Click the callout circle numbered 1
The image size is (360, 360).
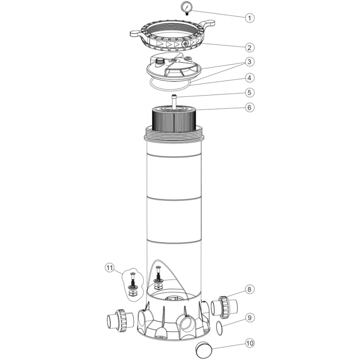pyautogui.click(x=250, y=18)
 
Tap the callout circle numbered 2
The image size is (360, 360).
pyautogui.click(x=250, y=47)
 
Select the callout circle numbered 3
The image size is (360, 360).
pyautogui.click(x=250, y=62)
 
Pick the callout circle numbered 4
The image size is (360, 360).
pyautogui.click(x=250, y=77)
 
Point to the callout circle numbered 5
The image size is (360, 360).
pyautogui.click(x=250, y=93)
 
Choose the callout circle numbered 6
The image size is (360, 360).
pyautogui.click(x=250, y=107)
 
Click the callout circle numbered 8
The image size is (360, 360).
pyautogui.click(x=250, y=289)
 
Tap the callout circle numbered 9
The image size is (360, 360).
pyautogui.click(x=250, y=318)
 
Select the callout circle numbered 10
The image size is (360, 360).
pyautogui.click(x=250, y=343)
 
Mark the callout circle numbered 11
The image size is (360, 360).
pyautogui.click(x=110, y=268)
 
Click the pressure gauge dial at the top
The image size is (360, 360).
pyautogui.click(x=187, y=6)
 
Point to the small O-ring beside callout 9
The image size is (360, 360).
pyautogui.click(x=219, y=328)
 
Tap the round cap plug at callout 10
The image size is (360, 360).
pyautogui.click(x=204, y=349)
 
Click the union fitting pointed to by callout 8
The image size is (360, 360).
pyautogui.click(x=224, y=307)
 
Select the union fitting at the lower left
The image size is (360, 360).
pyautogui.click(x=120, y=321)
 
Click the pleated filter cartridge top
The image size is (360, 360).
pyautogui.click(x=174, y=119)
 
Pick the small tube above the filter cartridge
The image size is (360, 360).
pyautogui.click(x=174, y=101)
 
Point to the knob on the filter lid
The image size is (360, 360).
pyautogui.click(x=159, y=62)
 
